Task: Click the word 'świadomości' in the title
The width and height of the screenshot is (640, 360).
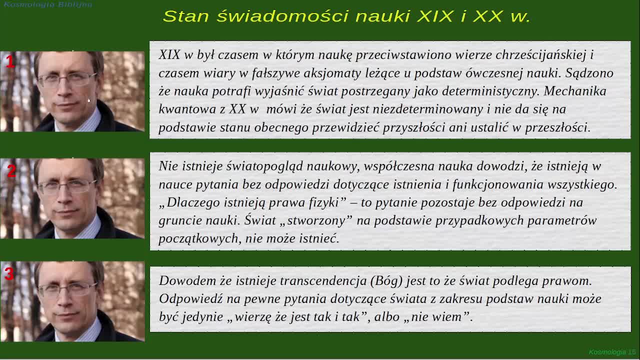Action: (282, 16)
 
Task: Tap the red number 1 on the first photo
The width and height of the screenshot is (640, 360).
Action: (10, 61)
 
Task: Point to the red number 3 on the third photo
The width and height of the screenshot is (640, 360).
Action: (9, 274)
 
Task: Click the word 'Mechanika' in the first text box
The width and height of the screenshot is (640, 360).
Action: (575, 91)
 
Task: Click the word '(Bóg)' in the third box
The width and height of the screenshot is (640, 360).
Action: (386, 281)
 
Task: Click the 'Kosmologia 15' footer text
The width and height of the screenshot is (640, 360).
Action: (612, 352)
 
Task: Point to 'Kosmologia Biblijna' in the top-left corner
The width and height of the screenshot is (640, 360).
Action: (47, 4)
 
